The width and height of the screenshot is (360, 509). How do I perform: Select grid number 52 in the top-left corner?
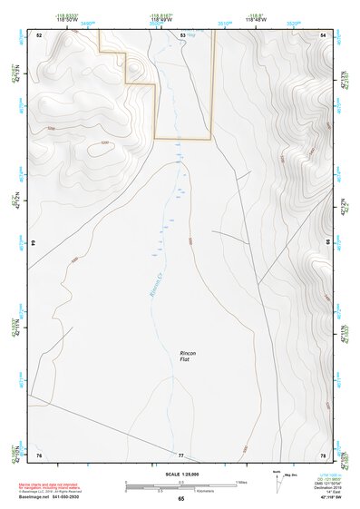tap(39, 34)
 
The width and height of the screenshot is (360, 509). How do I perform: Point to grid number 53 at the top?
tap(182, 34)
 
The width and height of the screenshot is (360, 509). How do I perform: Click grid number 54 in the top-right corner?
tap(323, 34)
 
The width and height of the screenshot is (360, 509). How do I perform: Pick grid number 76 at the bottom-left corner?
tap(39, 454)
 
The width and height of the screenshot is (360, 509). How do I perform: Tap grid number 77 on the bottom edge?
tap(180, 454)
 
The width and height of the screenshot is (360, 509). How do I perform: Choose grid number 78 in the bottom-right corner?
tap(323, 454)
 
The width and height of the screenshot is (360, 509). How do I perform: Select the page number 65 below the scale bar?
tap(180, 498)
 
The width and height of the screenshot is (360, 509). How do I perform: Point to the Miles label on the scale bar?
tap(241, 481)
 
